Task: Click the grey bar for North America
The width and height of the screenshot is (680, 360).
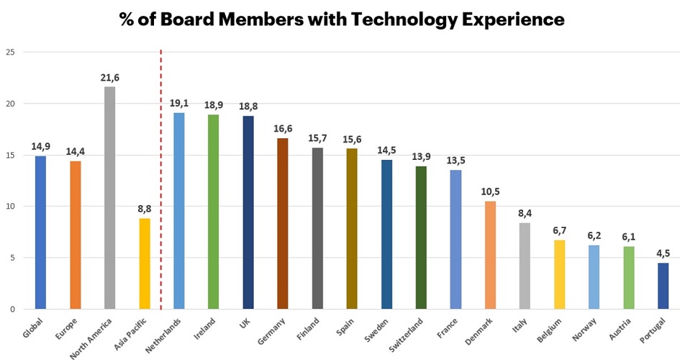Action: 109,198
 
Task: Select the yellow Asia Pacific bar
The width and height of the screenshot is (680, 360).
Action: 144,264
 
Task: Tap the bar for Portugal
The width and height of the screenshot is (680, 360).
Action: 663,286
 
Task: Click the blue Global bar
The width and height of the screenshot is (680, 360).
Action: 40,233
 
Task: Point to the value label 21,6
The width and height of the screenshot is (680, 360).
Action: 109,77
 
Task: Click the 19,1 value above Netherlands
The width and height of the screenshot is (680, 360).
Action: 178,103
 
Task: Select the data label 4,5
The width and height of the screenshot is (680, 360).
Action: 663,253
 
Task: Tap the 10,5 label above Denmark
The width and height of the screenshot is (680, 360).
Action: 490,192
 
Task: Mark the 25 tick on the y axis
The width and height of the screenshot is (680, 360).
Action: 9,53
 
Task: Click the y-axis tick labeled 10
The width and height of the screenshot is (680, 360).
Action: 9,207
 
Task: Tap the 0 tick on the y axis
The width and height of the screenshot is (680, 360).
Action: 12,310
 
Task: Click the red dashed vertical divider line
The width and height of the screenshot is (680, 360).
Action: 160,180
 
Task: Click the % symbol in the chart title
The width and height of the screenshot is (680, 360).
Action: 128,19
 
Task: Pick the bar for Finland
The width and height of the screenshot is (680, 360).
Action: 317,228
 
